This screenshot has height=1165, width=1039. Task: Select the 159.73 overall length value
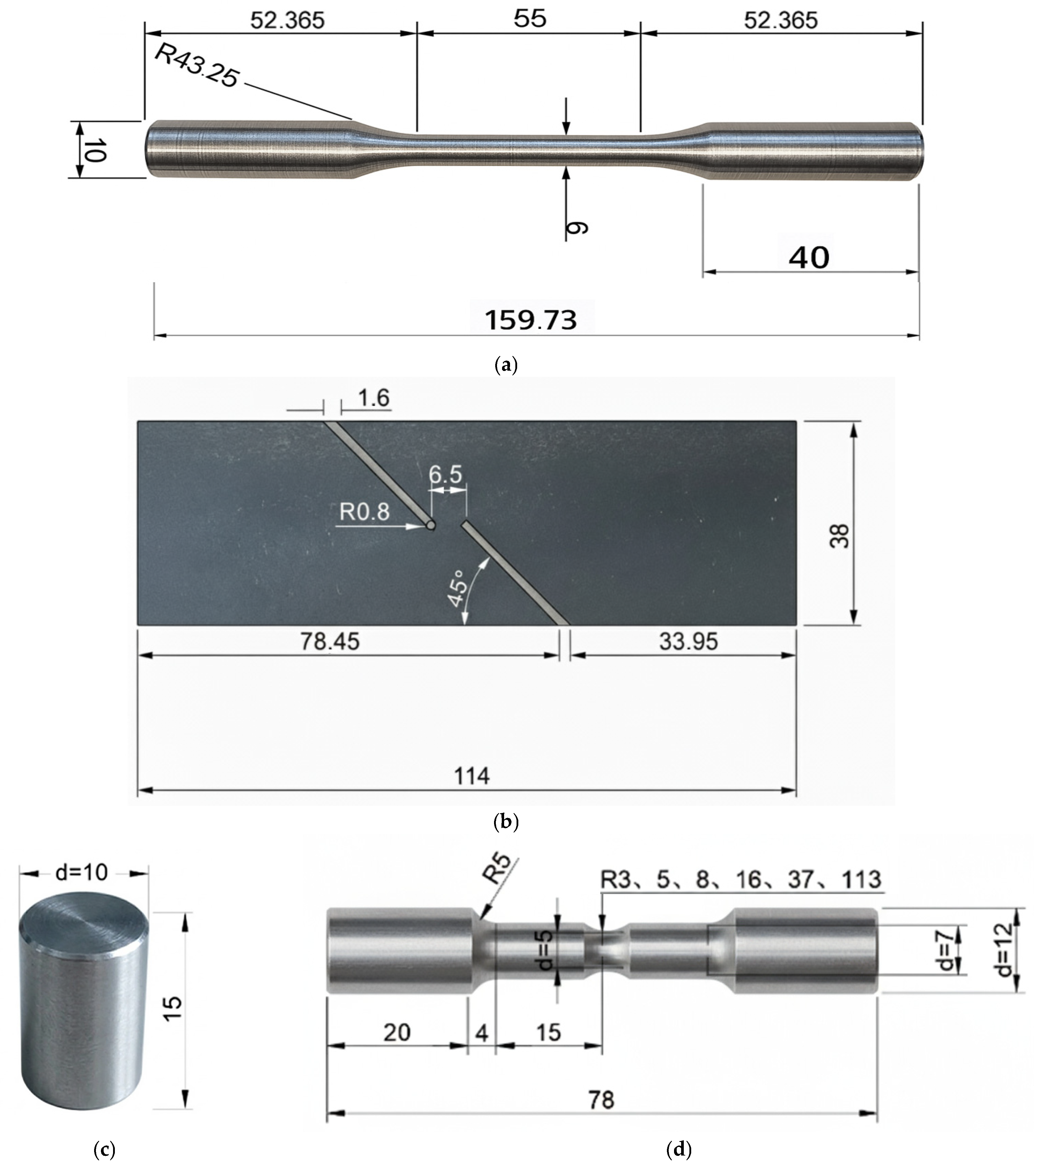(x=531, y=320)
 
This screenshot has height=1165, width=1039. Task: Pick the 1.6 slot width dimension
(x=374, y=398)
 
